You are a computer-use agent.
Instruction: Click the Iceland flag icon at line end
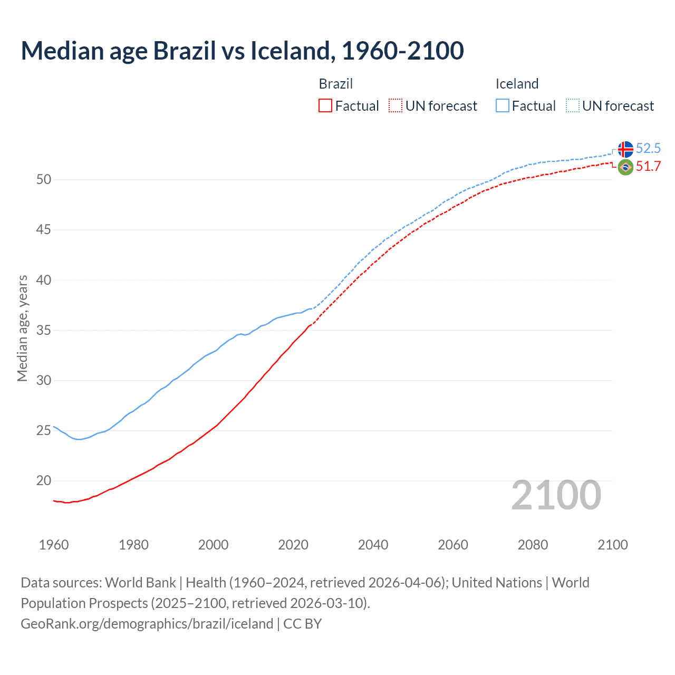pos(625,149)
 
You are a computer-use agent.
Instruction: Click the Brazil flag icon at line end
pos(625,167)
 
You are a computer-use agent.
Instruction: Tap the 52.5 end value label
pos(648,149)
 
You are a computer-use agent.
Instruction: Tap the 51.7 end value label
pos(648,167)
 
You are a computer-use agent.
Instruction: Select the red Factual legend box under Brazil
pos(325,106)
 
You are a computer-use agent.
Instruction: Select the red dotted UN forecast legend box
pos(396,106)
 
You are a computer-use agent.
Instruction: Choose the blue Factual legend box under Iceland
pos(502,106)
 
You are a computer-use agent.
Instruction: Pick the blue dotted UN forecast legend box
pos(572,106)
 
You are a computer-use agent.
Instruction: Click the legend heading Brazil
pos(335,84)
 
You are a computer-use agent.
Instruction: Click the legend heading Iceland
pos(517,84)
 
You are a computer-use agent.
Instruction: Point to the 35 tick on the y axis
pos(44,331)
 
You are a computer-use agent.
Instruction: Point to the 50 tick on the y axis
pos(44,180)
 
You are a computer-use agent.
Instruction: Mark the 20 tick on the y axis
pos(44,481)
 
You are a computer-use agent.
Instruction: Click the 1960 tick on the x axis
pos(54,545)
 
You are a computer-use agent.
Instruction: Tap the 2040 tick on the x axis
pos(373,545)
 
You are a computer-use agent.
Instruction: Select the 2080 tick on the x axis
pos(533,545)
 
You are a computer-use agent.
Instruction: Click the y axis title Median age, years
pos(22,328)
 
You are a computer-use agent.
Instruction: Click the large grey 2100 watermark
pos(556,495)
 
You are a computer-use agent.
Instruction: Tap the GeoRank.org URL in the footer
pos(147,624)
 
